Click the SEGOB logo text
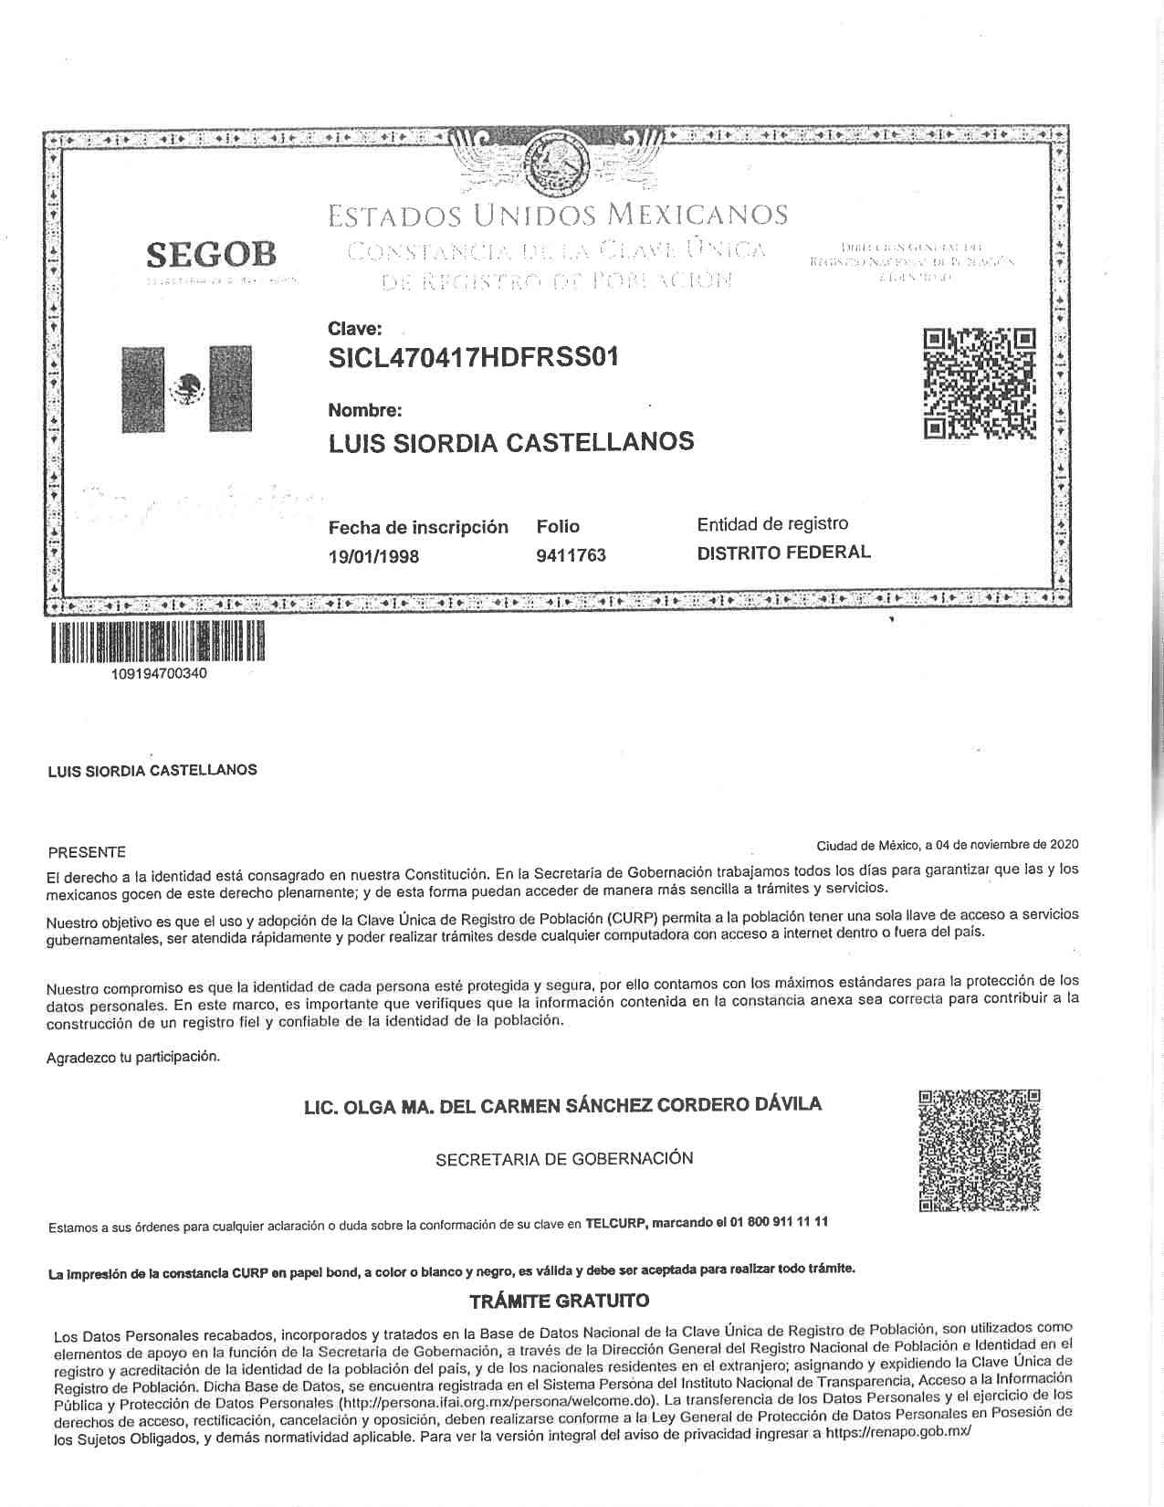pyautogui.click(x=211, y=253)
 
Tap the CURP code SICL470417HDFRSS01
pyautogui.click(x=473, y=357)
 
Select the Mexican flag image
pyautogui.click(x=187, y=388)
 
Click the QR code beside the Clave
pyautogui.click(x=980, y=383)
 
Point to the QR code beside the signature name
pyautogui.click(x=979, y=1151)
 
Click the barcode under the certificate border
pyautogui.click(x=156, y=641)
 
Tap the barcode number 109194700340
pyautogui.click(x=159, y=674)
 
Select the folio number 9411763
pyautogui.click(x=572, y=555)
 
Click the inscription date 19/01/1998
pyautogui.click(x=374, y=556)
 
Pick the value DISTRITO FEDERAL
pyautogui.click(x=783, y=552)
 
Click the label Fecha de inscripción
pyautogui.click(x=418, y=527)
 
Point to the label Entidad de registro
pyautogui.click(x=772, y=523)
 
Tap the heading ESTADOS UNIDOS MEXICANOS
pyautogui.click(x=557, y=216)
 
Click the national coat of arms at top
pyautogui.click(x=555, y=162)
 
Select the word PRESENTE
pyautogui.click(x=87, y=852)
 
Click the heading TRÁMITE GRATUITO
pyautogui.click(x=559, y=1300)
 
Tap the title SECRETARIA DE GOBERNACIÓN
pyautogui.click(x=564, y=1158)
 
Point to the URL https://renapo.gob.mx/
pyautogui.click(x=897, y=1433)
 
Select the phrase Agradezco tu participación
pyautogui.click(x=133, y=1057)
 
